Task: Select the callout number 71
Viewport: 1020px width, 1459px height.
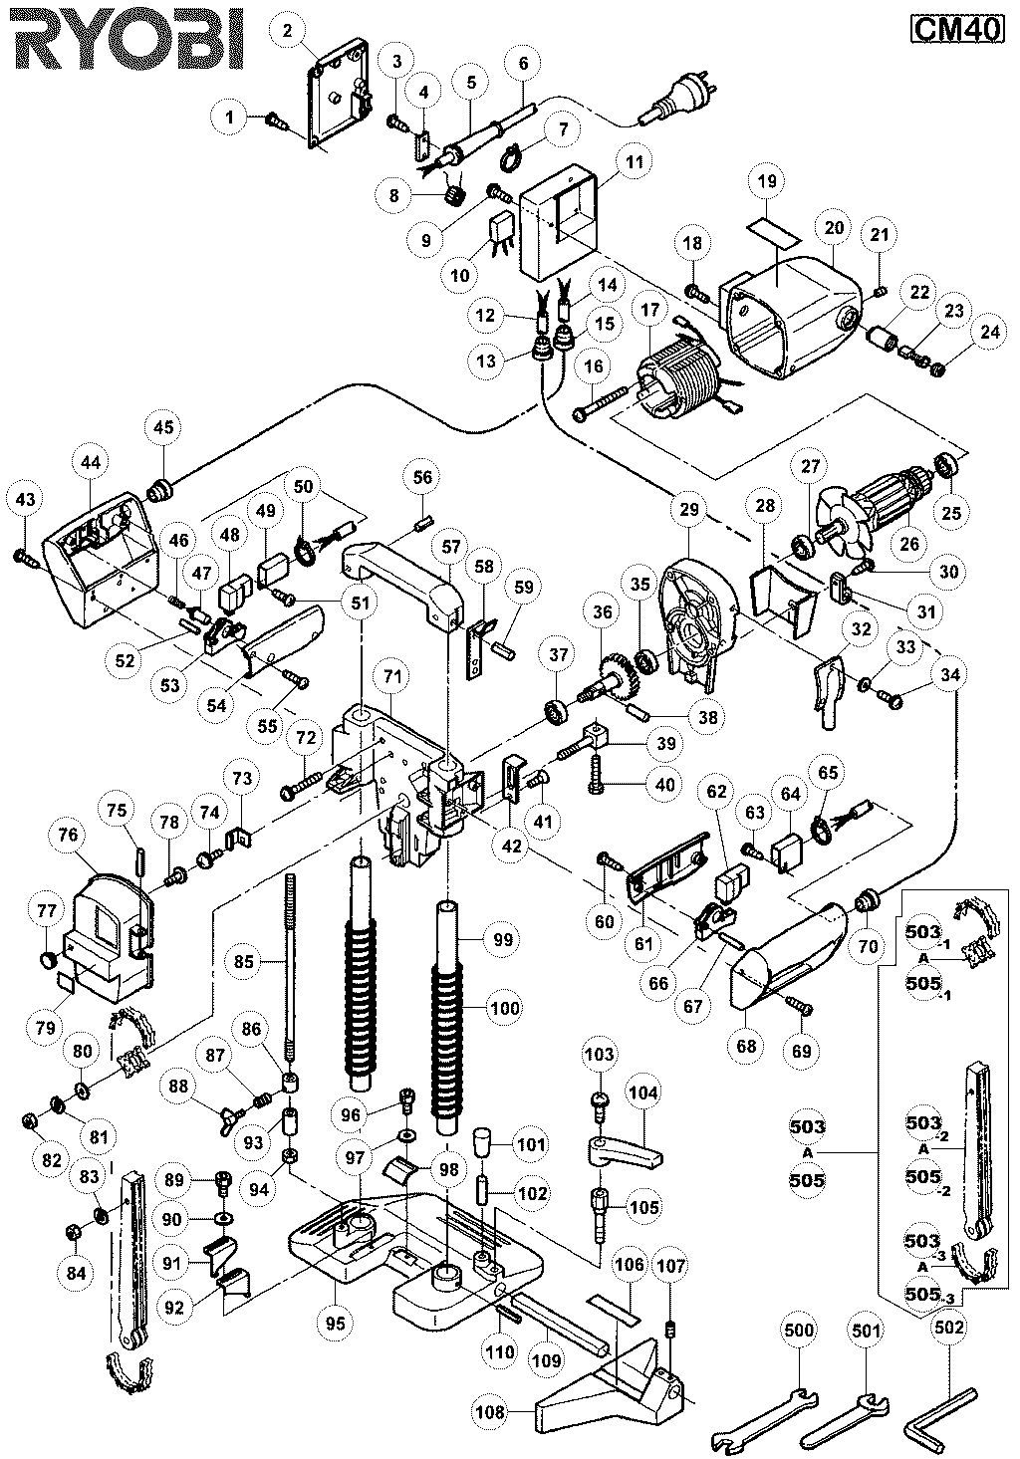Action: point(391,677)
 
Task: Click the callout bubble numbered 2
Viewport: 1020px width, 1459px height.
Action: point(287,31)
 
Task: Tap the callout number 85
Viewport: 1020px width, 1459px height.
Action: point(243,962)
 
